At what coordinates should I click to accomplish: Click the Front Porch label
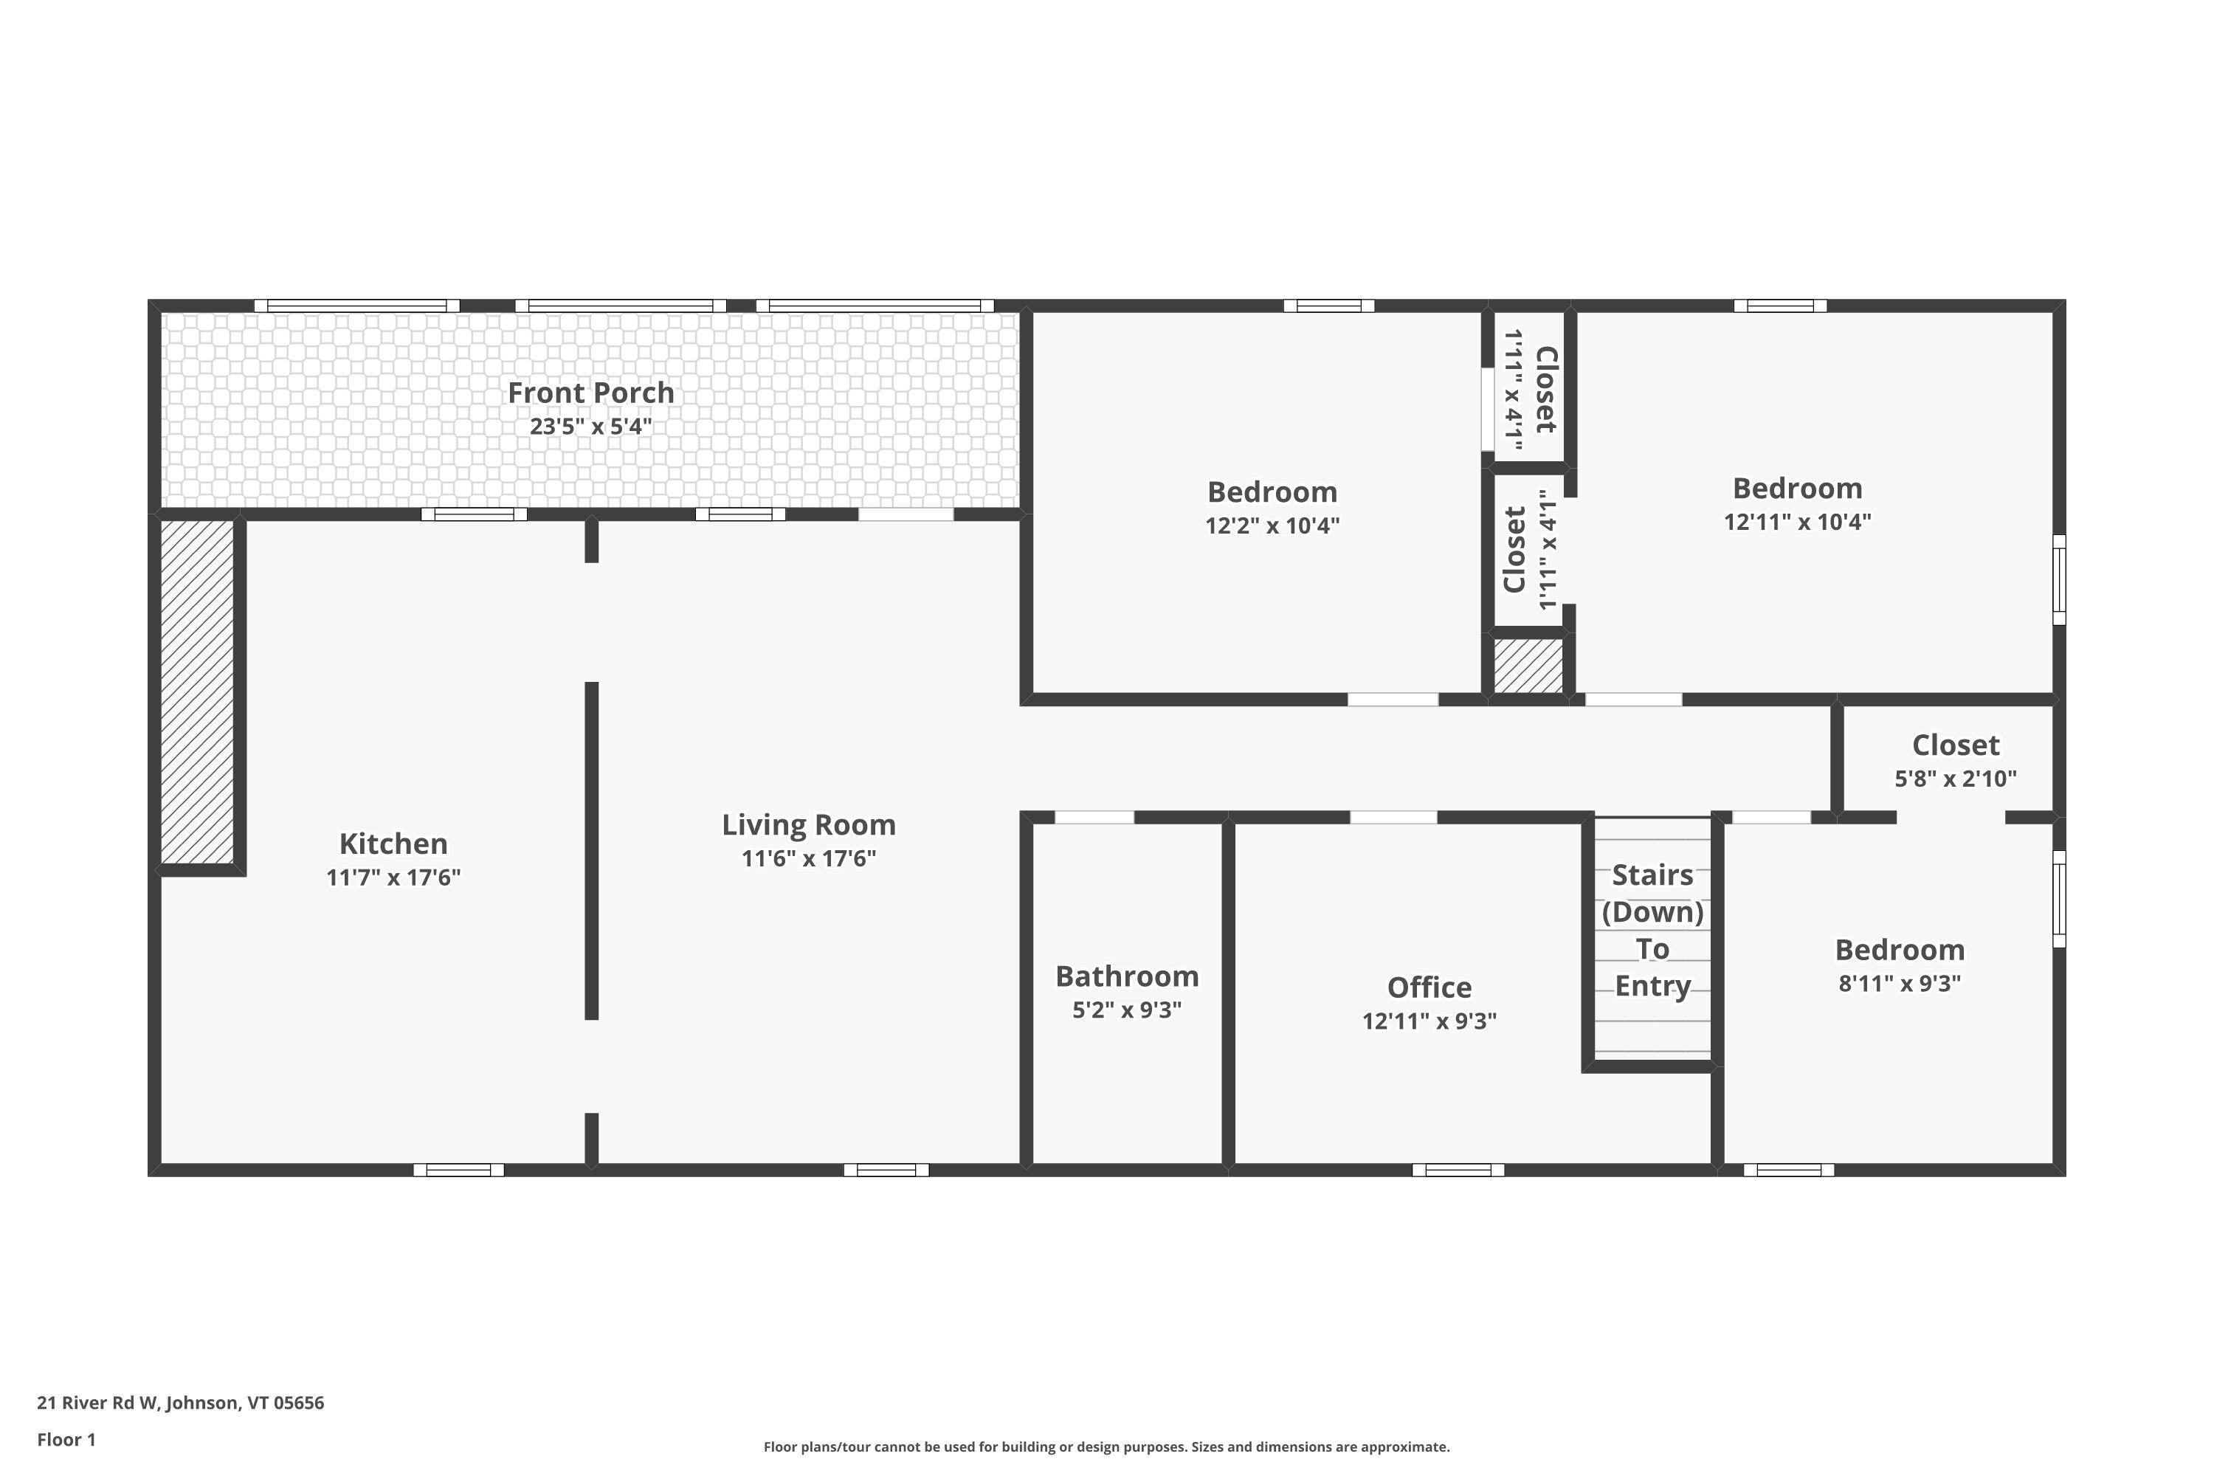pos(590,393)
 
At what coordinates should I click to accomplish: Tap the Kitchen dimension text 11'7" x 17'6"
pos(393,877)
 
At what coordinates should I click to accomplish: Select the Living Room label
pos(809,824)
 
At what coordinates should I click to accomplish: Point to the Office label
pos(1429,987)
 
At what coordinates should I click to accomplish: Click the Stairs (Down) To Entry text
pos(1653,930)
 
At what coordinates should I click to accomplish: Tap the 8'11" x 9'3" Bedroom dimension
pos(1900,984)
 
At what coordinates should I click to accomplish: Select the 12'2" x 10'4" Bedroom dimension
pos(1272,525)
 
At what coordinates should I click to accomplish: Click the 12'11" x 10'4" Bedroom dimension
pos(1797,522)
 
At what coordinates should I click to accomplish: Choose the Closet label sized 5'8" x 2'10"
pos(1955,745)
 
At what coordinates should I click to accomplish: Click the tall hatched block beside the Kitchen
pos(198,692)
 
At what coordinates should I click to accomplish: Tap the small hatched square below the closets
pos(1528,666)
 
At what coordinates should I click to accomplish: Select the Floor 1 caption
pos(66,1439)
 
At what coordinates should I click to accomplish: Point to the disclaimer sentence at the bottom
pos(1106,1446)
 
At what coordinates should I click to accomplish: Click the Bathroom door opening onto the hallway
pos(1094,817)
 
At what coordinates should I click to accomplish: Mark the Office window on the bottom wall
pos(1457,1170)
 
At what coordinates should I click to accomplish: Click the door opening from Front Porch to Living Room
pos(906,514)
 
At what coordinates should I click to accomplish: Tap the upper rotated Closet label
pos(1545,390)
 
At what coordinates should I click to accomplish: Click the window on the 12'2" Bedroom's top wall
pos(1328,306)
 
